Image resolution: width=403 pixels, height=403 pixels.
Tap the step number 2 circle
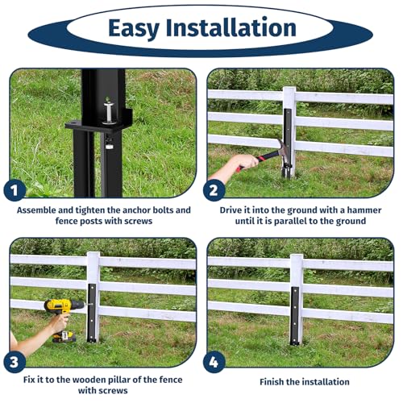tap(214, 192)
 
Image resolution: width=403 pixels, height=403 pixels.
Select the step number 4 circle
tap(214, 360)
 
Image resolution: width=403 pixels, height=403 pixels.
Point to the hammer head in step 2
tap(276, 150)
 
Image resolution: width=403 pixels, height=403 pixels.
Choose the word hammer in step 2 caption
tap(359, 210)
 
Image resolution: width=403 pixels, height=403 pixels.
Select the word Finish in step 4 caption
tap(272, 381)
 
